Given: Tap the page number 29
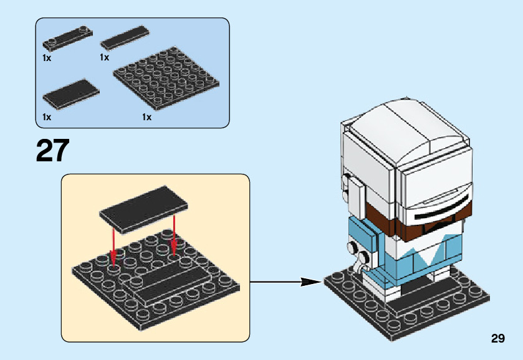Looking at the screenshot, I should [x=497, y=339].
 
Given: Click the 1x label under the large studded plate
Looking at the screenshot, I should [x=146, y=116].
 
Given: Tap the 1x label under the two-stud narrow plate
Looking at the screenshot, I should [x=47, y=57].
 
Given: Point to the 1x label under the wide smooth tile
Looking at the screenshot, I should [x=47, y=116].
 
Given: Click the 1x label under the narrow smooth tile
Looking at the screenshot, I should [x=104, y=57].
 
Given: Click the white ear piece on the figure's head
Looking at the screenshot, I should [x=353, y=196].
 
